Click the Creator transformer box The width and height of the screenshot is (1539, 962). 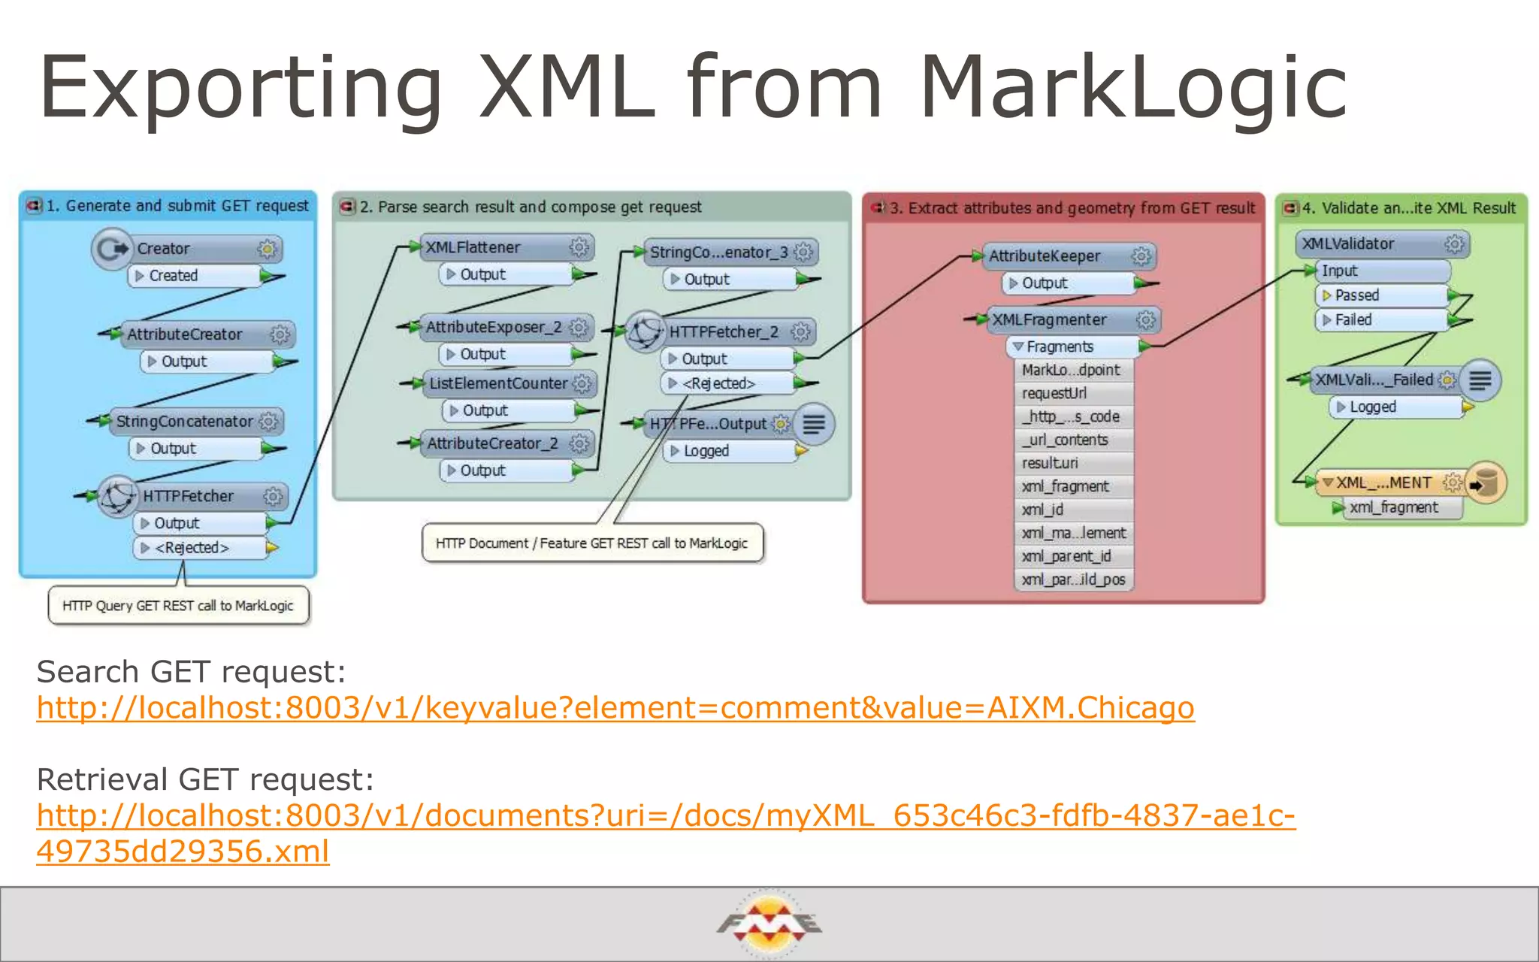pos(188,249)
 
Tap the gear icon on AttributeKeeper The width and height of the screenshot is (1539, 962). pos(1141,256)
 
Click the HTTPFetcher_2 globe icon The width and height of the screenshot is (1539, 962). pos(644,331)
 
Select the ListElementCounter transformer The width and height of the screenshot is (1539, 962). pos(499,383)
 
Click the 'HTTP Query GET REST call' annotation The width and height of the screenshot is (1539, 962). pos(178,606)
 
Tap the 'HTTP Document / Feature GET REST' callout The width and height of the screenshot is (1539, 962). pos(592,543)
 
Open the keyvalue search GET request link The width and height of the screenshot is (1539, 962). pos(615,708)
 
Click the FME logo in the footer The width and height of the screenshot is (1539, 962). pos(769,923)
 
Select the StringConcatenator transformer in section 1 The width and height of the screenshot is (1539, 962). pos(185,422)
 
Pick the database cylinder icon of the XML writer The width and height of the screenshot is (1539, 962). pos(1486,483)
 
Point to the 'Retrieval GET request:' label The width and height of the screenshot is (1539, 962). pos(205,779)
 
